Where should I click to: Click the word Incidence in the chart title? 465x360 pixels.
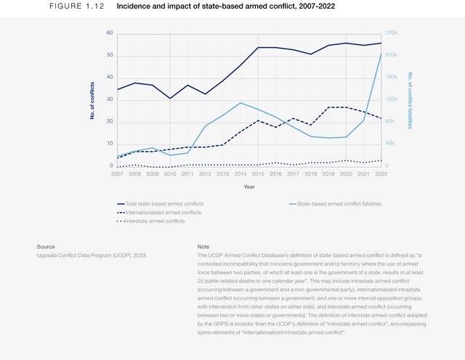point(135,6)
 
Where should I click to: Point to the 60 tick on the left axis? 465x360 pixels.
point(110,33)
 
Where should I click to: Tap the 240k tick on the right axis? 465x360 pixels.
point(392,33)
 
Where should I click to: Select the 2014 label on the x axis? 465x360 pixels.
point(240,174)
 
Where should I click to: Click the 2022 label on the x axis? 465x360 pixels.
point(381,174)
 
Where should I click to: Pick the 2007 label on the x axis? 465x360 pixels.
point(117,174)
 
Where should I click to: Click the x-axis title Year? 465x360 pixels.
point(249,187)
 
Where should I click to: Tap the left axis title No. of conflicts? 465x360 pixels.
point(93,100)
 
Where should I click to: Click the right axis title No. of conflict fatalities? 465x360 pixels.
point(411,100)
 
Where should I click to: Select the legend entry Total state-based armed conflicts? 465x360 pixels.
point(163,204)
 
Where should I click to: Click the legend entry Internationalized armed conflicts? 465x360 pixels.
point(163,213)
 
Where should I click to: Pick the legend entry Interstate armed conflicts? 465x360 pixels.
point(154,221)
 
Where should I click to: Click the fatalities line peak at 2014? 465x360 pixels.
point(240,102)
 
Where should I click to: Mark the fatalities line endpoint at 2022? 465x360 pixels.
point(381,54)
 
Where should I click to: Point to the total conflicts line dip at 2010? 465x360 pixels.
point(170,98)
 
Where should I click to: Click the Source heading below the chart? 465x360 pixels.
point(46,247)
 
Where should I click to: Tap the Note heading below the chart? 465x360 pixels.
point(203,247)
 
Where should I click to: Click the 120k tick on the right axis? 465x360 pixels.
point(392,99)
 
